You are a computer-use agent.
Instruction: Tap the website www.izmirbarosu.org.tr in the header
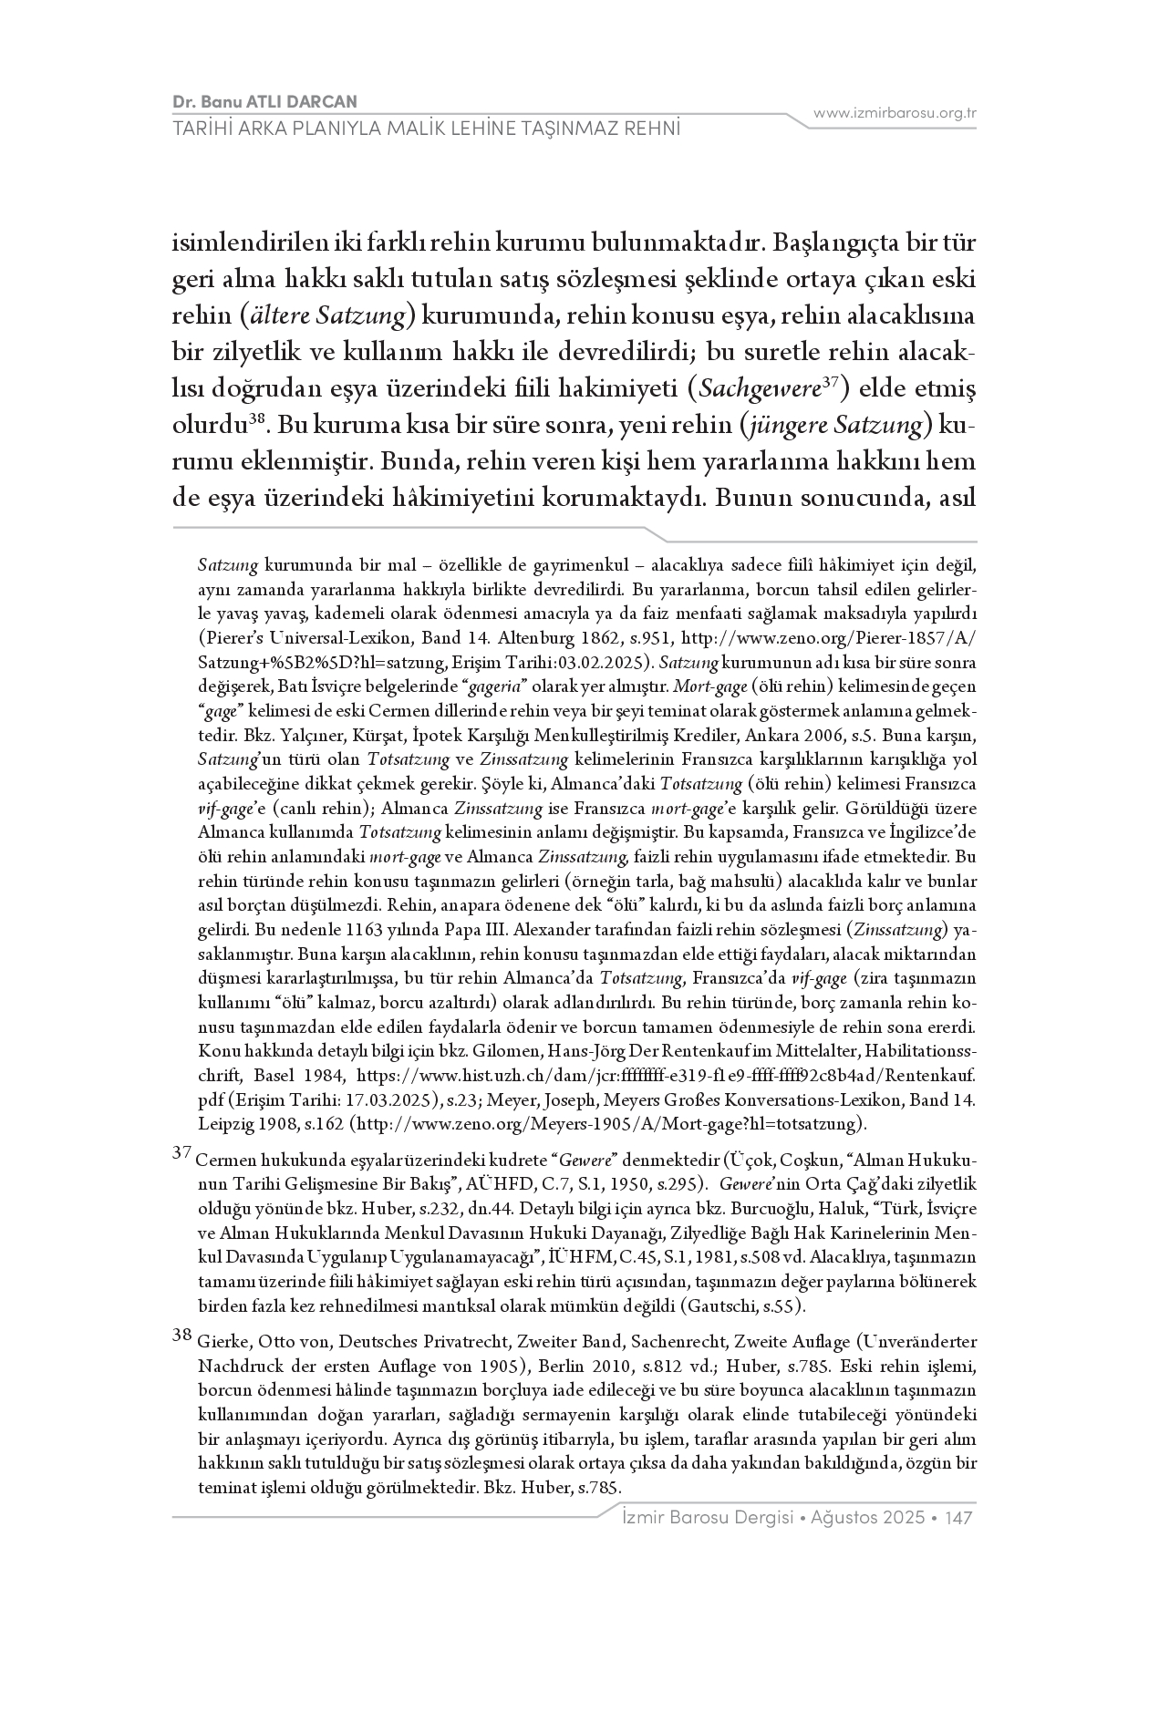pos(895,113)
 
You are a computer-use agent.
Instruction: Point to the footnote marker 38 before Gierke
pos(181,1336)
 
